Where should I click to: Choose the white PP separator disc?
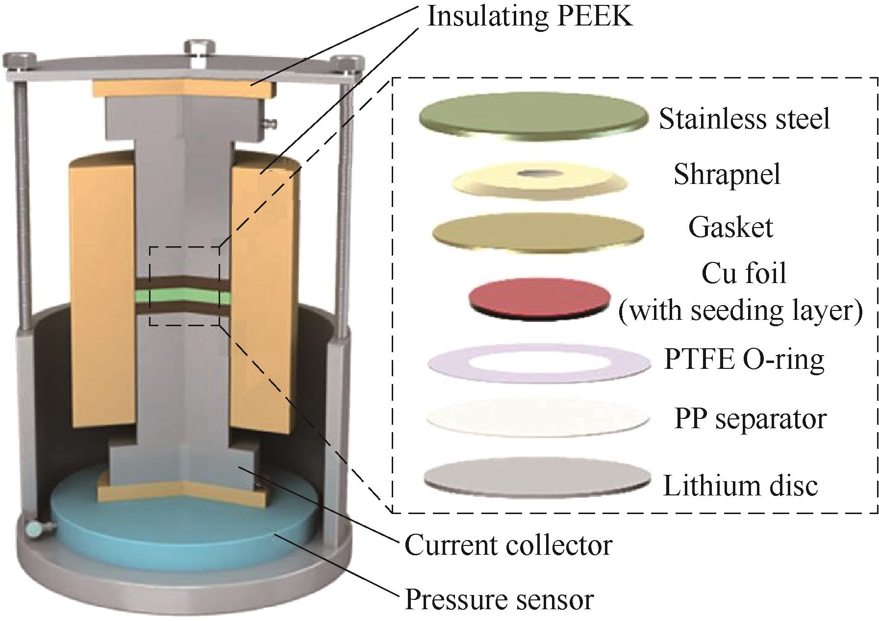tap(538, 420)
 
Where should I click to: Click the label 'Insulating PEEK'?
tap(530, 16)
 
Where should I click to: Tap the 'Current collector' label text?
tap(508, 545)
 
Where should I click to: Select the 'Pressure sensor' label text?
tap(499, 599)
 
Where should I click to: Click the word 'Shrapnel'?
tap(727, 174)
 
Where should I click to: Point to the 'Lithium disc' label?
tap(740, 486)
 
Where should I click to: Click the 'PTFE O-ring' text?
tap(744, 360)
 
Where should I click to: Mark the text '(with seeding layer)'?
tap(740, 311)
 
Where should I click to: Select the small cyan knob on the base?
tap(35, 529)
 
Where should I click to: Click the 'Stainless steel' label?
tap(745, 119)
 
